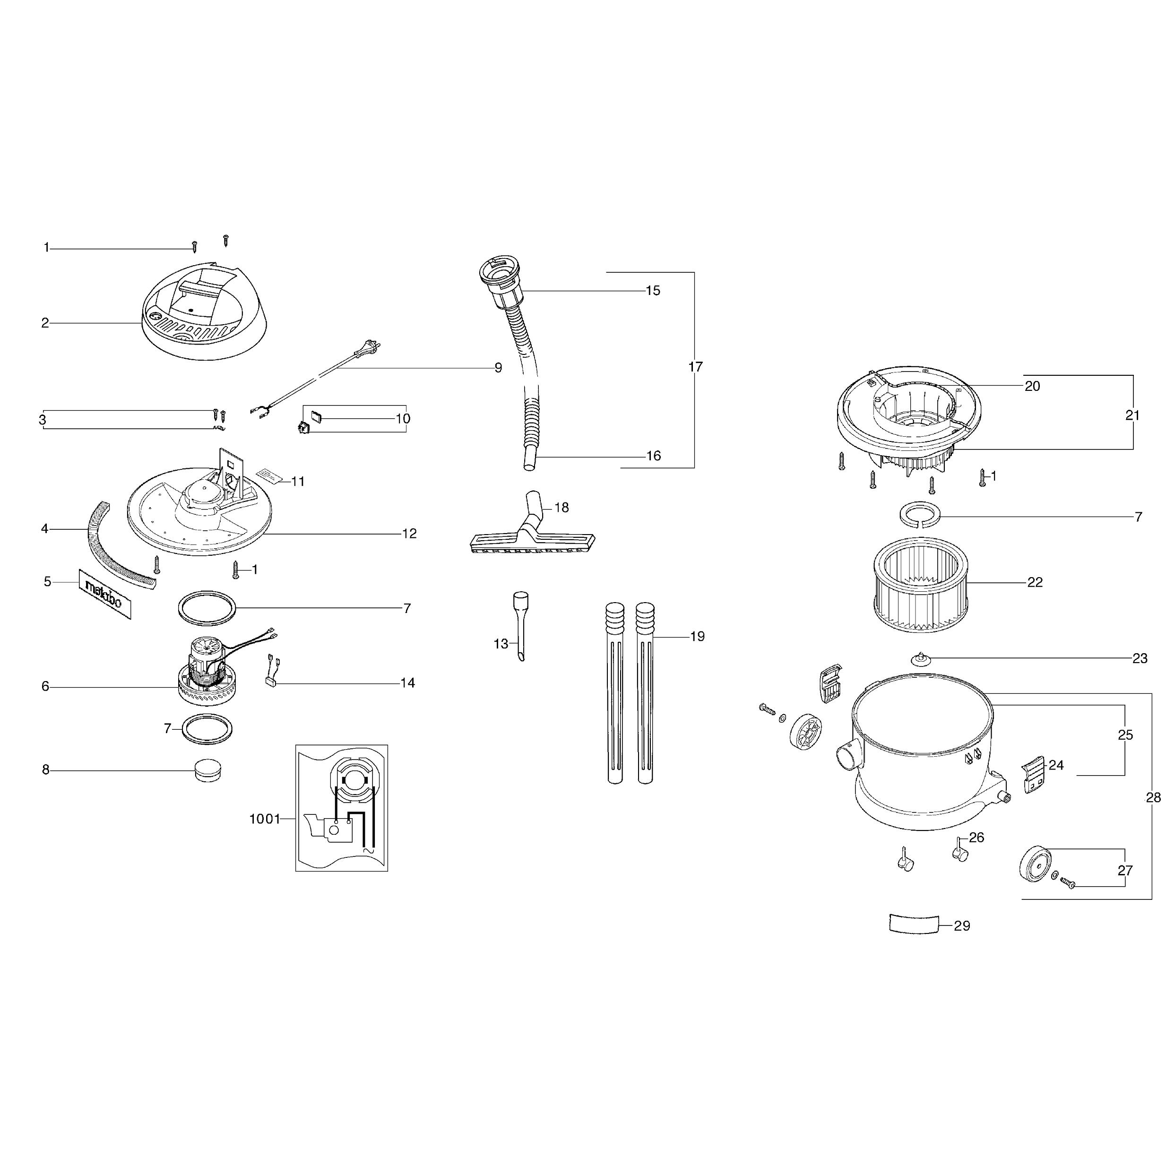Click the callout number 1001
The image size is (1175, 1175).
pos(265,819)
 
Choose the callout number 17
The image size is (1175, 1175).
pos(695,367)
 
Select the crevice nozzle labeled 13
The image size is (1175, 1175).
pos(520,626)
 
